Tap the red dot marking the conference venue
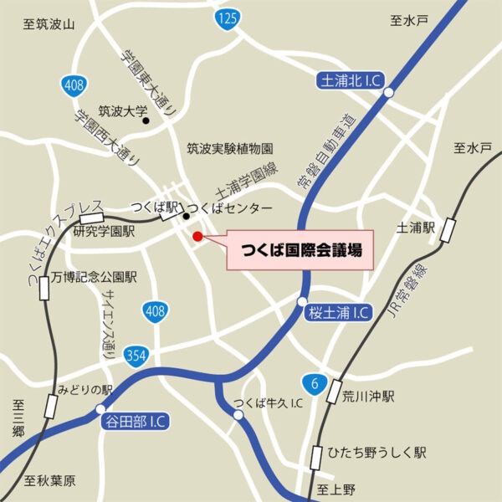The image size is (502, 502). tap(198, 237)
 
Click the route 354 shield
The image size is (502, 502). tap(135, 356)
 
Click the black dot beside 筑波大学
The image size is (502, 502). tap(146, 120)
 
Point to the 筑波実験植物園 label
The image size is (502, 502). tap(230, 148)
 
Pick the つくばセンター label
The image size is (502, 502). tap(229, 207)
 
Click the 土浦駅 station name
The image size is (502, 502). tap(417, 227)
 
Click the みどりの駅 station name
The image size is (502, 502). tap(85, 390)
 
